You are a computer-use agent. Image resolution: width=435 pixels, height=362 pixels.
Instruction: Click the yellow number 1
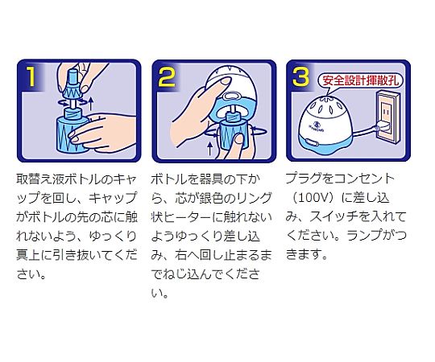(x=30, y=77)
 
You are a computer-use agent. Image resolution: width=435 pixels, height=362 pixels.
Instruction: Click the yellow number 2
(x=166, y=77)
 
